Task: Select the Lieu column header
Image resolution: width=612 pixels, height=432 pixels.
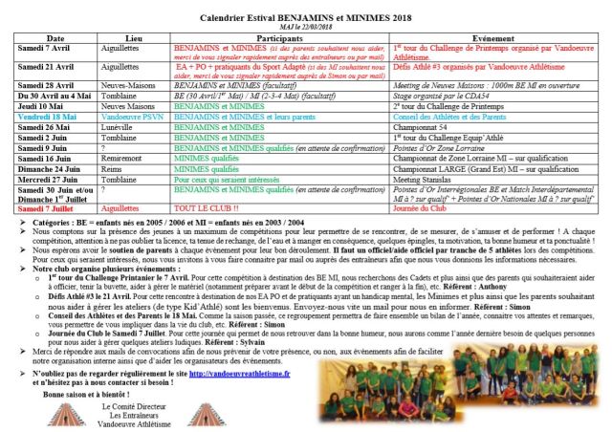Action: tap(134, 37)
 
